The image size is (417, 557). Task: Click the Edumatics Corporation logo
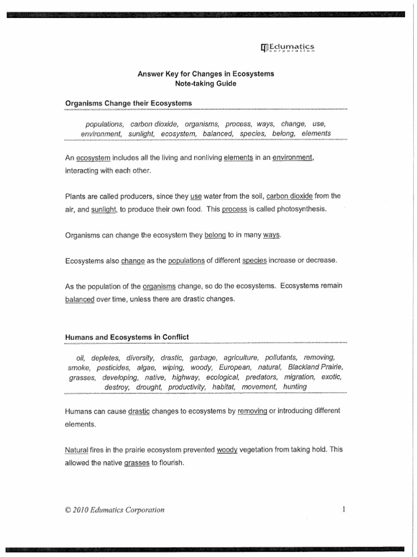(288, 49)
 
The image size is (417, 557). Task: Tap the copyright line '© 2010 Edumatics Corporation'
(114, 510)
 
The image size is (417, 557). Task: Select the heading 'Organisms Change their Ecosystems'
(128, 102)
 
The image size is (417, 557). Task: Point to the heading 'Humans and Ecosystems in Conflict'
(127, 337)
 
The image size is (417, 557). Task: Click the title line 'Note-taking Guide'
(205, 84)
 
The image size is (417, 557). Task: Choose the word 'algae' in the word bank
(146, 367)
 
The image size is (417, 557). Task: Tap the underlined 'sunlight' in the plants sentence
(105, 209)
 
